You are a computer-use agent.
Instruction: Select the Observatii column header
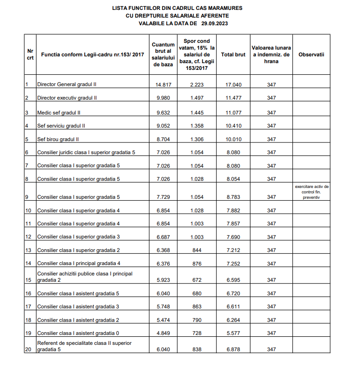coord(311,55)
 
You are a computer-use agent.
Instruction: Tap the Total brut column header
coord(233,55)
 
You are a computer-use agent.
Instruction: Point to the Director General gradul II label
coord(67,84)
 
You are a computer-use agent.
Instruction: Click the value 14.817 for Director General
coord(163,85)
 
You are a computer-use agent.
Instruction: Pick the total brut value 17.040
coord(233,85)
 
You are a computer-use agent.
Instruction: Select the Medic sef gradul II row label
coord(59,113)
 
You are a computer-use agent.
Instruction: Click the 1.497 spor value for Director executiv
coord(197,98)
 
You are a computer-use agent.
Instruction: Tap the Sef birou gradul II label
coord(59,139)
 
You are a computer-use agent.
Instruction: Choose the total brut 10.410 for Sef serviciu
coord(233,126)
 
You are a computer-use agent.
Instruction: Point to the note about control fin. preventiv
coord(311,192)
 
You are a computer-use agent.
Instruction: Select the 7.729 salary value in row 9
coord(163,197)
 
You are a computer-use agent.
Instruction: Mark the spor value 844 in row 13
coord(197,250)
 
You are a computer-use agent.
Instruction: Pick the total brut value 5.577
coord(233,333)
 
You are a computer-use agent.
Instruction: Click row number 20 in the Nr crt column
coord(28,349)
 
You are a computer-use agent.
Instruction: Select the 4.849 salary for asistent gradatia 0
coord(163,333)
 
